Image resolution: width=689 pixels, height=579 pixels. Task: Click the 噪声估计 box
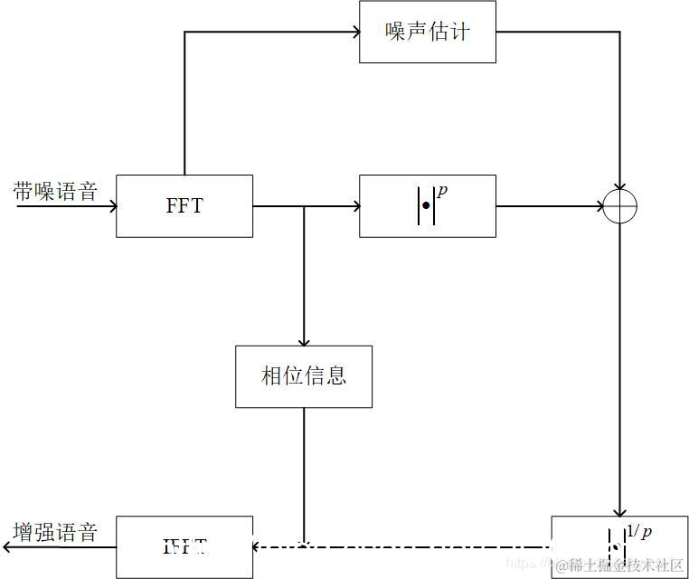427,33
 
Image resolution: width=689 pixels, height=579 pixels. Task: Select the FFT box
184,206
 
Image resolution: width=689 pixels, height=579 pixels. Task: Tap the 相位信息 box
304,376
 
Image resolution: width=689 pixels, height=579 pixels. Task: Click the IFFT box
184,546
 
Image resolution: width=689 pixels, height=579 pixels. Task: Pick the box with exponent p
427,206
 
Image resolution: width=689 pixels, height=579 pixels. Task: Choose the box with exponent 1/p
619,546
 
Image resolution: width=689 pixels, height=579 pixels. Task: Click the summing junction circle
620,206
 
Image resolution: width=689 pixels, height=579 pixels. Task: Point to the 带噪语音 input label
56,191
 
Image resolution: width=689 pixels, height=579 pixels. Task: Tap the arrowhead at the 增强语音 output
7,546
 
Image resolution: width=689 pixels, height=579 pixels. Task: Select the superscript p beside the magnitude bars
442,192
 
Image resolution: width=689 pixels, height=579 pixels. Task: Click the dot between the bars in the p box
426,206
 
